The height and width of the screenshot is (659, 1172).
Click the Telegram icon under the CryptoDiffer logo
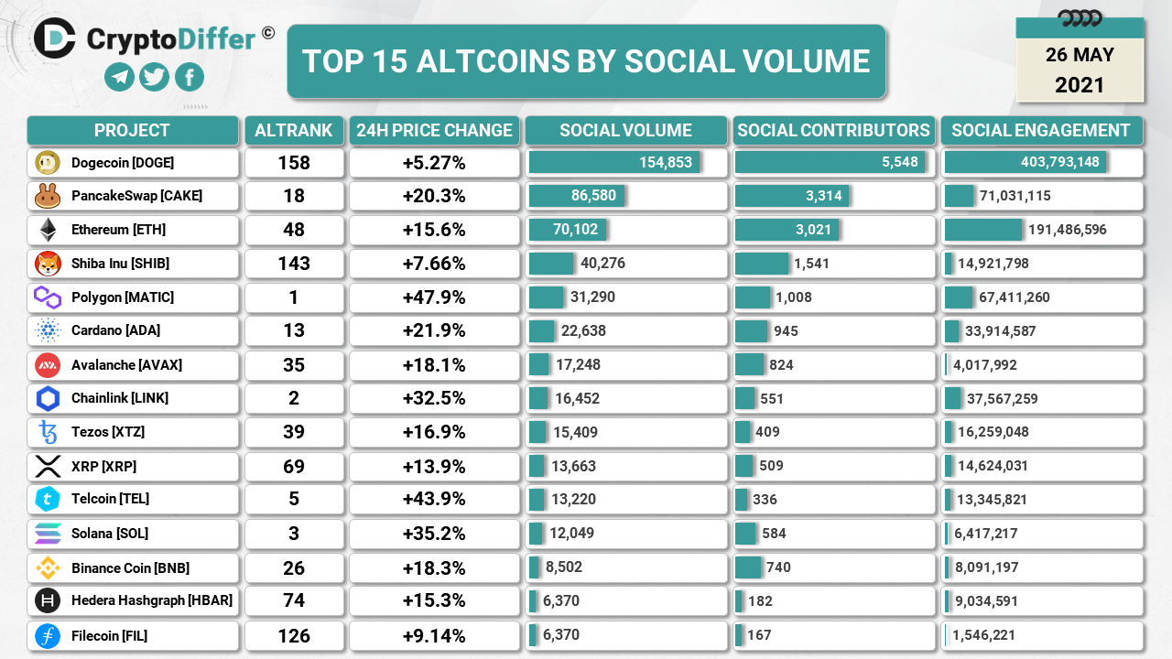[x=120, y=77]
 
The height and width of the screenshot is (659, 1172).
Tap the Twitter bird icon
[x=155, y=77]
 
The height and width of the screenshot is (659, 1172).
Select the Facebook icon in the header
[x=190, y=77]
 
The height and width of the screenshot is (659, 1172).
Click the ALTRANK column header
[x=294, y=130]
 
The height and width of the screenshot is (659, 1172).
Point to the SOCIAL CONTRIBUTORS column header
[x=833, y=130]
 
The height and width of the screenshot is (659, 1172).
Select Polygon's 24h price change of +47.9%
[x=434, y=297]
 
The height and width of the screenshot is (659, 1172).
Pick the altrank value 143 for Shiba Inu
[x=294, y=264]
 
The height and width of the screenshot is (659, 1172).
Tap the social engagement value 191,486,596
[x=1068, y=230]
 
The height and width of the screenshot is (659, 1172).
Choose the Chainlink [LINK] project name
[x=120, y=398]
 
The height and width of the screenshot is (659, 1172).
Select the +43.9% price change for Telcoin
[x=434, y=499]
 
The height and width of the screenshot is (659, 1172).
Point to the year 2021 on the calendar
[x=1080, y=85]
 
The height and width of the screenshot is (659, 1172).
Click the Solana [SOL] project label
[x=110, y=533]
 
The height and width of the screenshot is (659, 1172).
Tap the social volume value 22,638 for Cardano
[x=581, y=331]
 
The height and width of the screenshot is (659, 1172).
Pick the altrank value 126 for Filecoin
[x=294, y=635]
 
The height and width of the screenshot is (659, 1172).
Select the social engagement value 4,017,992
[x=984, y=365]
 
